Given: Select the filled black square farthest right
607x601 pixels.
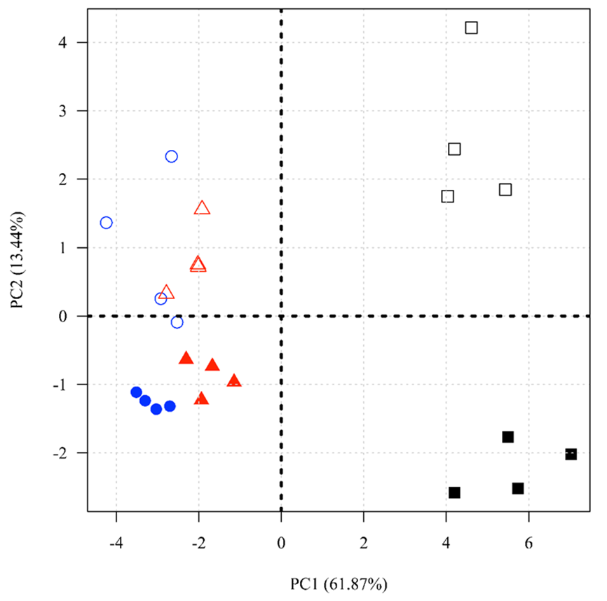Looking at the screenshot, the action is [x=571, y=454].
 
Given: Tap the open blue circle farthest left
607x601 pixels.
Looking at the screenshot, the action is [x=106, y=216].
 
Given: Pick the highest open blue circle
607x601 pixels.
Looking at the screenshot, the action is [x=172, y=151].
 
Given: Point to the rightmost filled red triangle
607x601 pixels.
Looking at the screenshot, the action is [x=234, y=381].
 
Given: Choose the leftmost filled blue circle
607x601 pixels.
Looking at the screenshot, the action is [x=136, y=392].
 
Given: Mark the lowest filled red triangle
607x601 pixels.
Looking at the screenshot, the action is [x=201, y=399].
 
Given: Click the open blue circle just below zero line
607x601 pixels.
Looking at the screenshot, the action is [x=177, y=317].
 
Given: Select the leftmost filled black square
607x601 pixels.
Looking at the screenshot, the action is [x=454, y=492].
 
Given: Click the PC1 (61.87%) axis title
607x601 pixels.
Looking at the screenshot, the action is [x=339, y=584].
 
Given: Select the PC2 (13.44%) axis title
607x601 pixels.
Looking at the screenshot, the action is [x=18, y=260].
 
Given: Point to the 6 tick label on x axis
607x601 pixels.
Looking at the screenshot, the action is [x=528, y=544].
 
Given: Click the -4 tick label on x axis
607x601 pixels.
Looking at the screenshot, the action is [x=116, y=544].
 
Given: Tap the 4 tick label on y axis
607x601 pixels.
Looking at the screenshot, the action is [x=62, y=43].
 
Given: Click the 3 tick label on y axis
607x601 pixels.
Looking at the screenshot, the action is [x=62, y=111].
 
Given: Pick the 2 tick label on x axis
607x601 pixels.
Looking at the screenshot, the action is [x=364, y=544].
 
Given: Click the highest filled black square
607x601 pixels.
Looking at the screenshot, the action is [x=507, y=437].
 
